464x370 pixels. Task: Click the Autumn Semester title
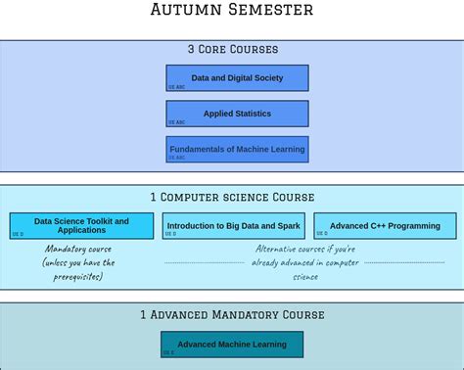(x=232, y=11)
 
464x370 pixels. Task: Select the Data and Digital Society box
(x=237, y=77)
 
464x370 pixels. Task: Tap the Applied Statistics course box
(x=237, y=114)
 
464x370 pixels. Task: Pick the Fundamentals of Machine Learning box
(x=237, y=149)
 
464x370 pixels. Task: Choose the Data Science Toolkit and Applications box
(x=81, y=225)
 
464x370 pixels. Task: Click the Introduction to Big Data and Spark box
(x=233, y=226)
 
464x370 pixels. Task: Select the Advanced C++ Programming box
(x=385, y=226)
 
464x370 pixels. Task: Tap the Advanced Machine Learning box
(x=232, y=345)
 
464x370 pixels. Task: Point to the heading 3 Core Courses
(x=232, y=49)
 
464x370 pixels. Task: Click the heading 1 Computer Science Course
(x=232, y=197)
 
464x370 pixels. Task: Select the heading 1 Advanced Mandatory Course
(x=232, y=314)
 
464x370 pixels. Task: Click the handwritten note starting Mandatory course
(x=79, y=262)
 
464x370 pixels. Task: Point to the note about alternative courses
(x=305, y=262)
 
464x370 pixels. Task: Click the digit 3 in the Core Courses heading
(x=192, y=49)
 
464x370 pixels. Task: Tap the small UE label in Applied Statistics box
(x=171, y=122)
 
